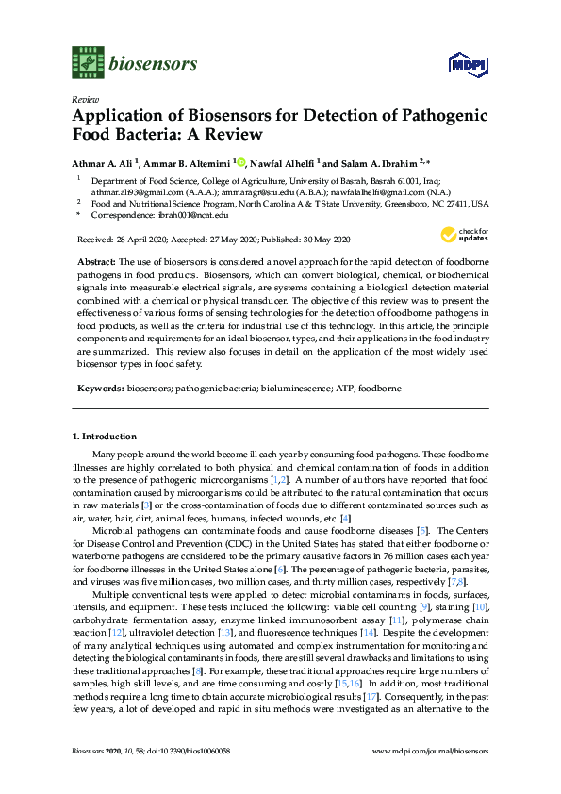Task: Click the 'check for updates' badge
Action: pos(465,236)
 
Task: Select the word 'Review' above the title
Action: pos(84,99)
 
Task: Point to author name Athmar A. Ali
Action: pos(104,162)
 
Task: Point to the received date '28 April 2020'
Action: pos(142,239)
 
